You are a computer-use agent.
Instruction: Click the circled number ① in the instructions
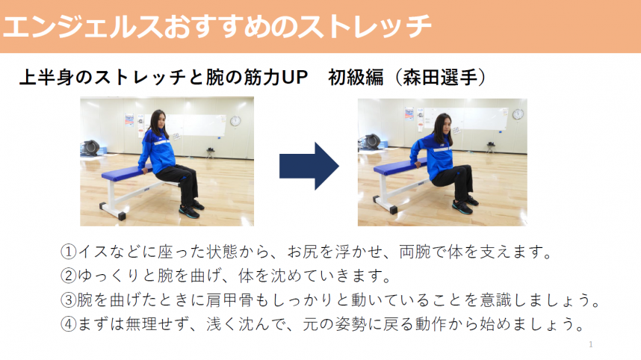coord(68,252)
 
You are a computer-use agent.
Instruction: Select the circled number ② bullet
coord(68,276)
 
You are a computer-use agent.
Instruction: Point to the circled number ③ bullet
coord(68,301)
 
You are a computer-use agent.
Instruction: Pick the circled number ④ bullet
coord(68,326)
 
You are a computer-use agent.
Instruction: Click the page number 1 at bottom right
coord(590,344)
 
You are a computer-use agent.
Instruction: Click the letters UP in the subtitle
coord(295,78)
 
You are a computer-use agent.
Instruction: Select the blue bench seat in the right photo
coord(396,168)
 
